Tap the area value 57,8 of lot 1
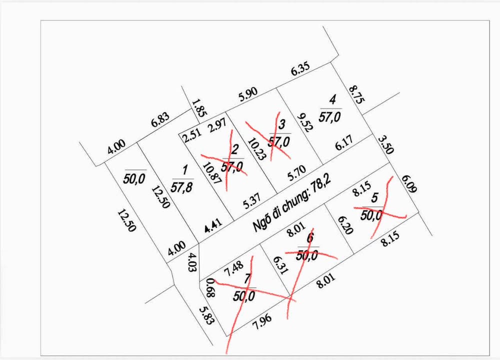click(182, 188)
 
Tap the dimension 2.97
click(216, 125)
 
